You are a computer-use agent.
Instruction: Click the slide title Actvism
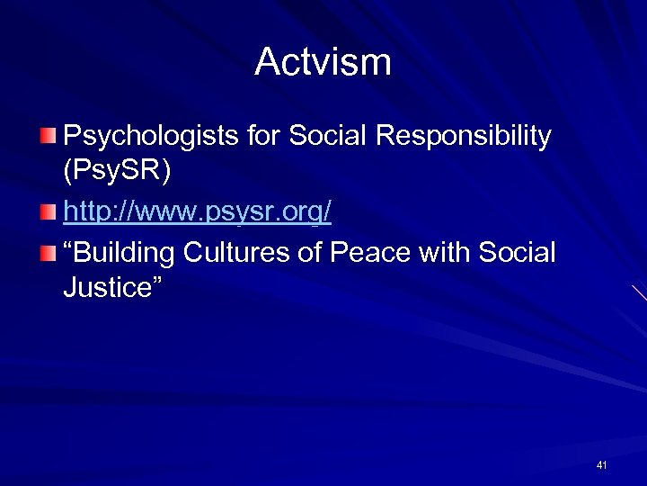pyautogui.click(x=323, y=62)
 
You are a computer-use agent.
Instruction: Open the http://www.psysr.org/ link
pyautogui.click(x=198, y=213)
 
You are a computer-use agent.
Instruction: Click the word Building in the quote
pyautogui.click(x=127, y=253)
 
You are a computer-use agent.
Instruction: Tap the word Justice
pyautogui.click(x=104, y=288)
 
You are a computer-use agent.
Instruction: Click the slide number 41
pyautogui.click(x=601, y=465)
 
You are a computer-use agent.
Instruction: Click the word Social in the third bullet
pyautogui.click(x=518, y=252)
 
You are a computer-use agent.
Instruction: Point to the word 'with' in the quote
pyautogui.click(x=449, y=252)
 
